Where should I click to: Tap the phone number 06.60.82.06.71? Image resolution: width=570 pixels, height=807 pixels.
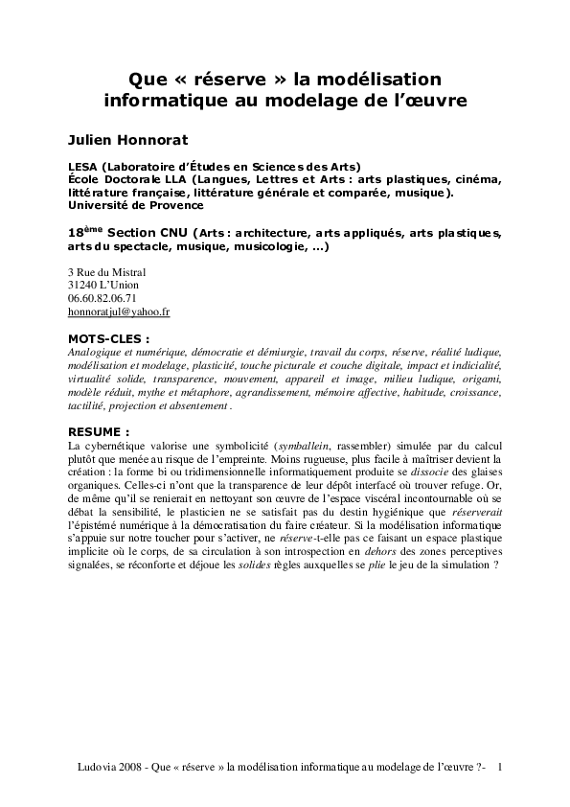pyautogui.click(x=103, y=298)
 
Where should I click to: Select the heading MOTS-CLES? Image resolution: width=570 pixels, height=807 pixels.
pyautogui.click(x=108, y=338)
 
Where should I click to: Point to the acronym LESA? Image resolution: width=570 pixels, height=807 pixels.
pyautogui.click(x=83, y=165)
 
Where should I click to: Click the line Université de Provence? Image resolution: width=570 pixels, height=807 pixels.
pyautogui.click(x=135, y=204)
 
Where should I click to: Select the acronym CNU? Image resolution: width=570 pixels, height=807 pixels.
pyautogui.click(x=173, y=233)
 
